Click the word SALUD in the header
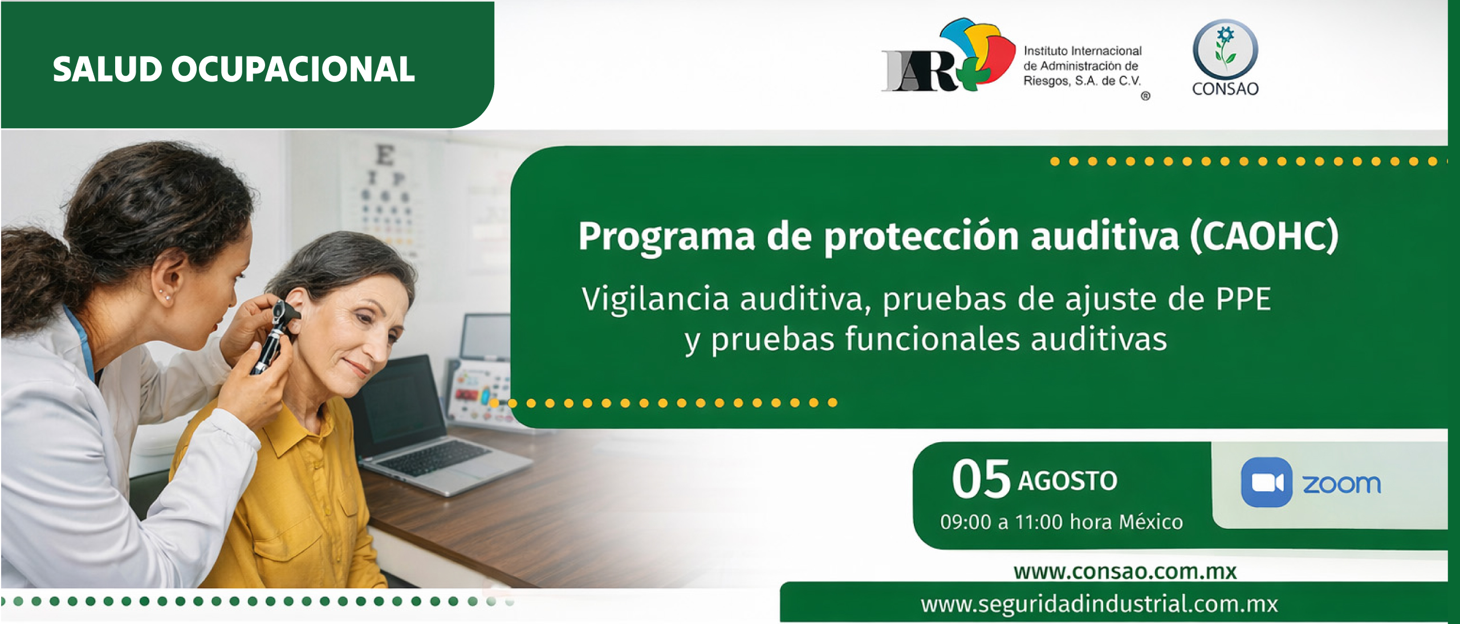coord(108,70)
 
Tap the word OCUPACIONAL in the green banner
coord(293,70)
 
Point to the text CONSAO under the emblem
coord(1225,89)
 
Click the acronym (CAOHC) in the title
coord(1264,235)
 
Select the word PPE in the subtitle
coord(1243,299)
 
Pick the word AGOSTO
coord(1068,481)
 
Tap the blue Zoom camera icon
coord(1267,482)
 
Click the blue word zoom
coord(1341,484)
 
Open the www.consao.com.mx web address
coord(1125,572)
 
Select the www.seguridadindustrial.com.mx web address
coord(1099,604)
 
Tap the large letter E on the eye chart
coord(385,155)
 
